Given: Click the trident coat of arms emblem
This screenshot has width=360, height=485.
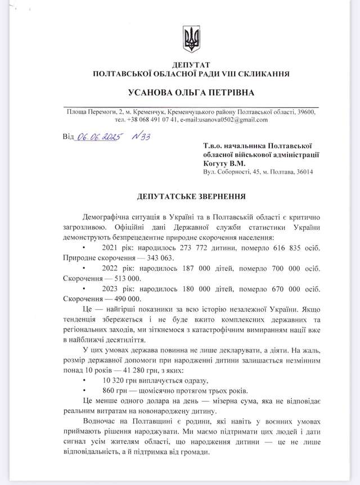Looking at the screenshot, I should pyautogui.click(x=191, y=39).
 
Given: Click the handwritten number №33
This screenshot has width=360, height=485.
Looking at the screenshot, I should pyautogui.click(x=138, y=136).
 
